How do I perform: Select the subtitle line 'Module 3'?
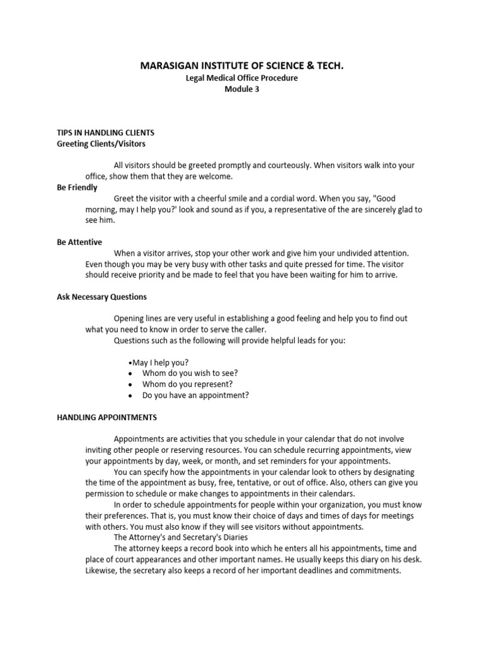[242, 89]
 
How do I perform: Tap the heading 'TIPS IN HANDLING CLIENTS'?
[101, 133]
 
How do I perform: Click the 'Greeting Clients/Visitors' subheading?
[101, 144]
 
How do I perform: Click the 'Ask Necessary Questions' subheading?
[101, 297]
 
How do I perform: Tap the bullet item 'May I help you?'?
[160, 362]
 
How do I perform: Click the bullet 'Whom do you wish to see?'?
[190, 373]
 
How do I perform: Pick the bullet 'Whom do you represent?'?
[187, 384]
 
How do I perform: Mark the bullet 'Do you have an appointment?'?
[195, 395]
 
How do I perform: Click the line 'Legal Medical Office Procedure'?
[242, 78]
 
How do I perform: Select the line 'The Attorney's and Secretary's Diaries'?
[180, 537]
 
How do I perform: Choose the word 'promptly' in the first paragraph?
[233, 165]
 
